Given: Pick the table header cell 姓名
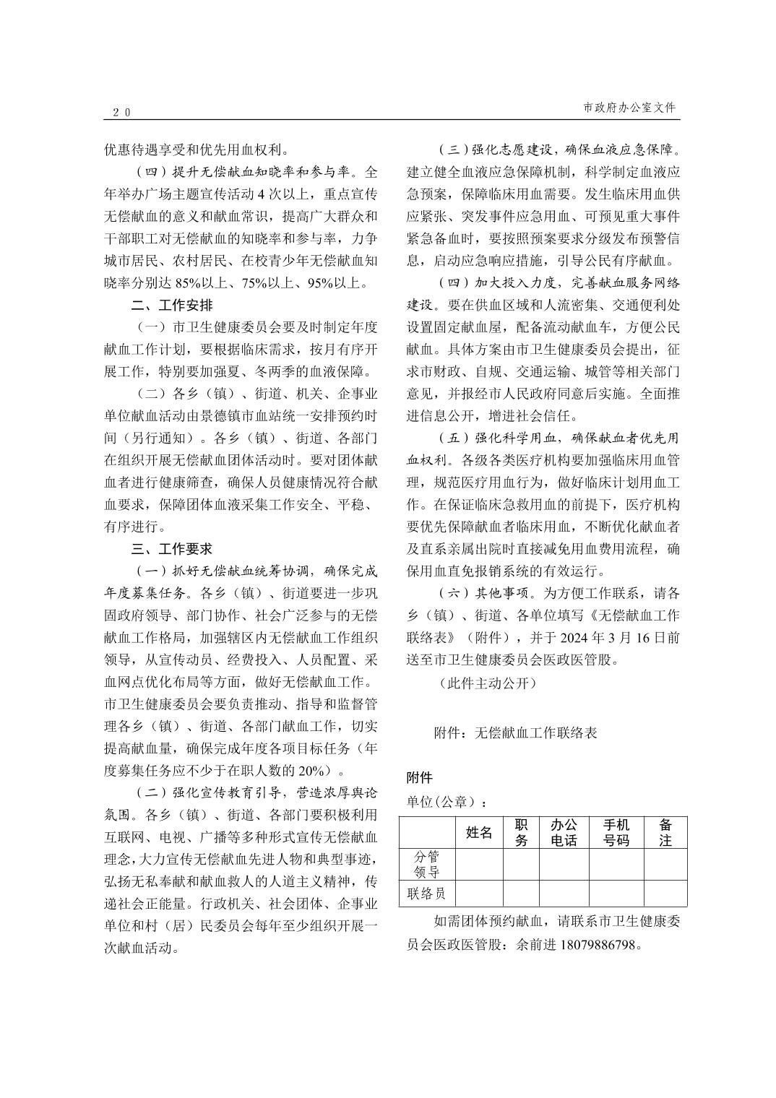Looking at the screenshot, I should (x=479, y=833).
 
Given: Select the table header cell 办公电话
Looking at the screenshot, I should (x=564, y=833).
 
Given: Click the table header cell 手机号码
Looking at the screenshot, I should (x=616, y=833).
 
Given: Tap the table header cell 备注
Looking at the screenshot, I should (x=665, y=833).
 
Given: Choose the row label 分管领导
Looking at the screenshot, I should (x=426, y=864).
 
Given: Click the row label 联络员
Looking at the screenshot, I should (x=426, y=894).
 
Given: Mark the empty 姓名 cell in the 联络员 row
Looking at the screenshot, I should (x=479, y=894).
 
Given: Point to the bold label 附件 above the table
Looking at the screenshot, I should (x=420, y=778).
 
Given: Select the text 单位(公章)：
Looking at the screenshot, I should (x=446, y=802).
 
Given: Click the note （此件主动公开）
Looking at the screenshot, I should (x=488, y=683).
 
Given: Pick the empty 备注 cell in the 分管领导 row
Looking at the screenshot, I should (x=665, y=864).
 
